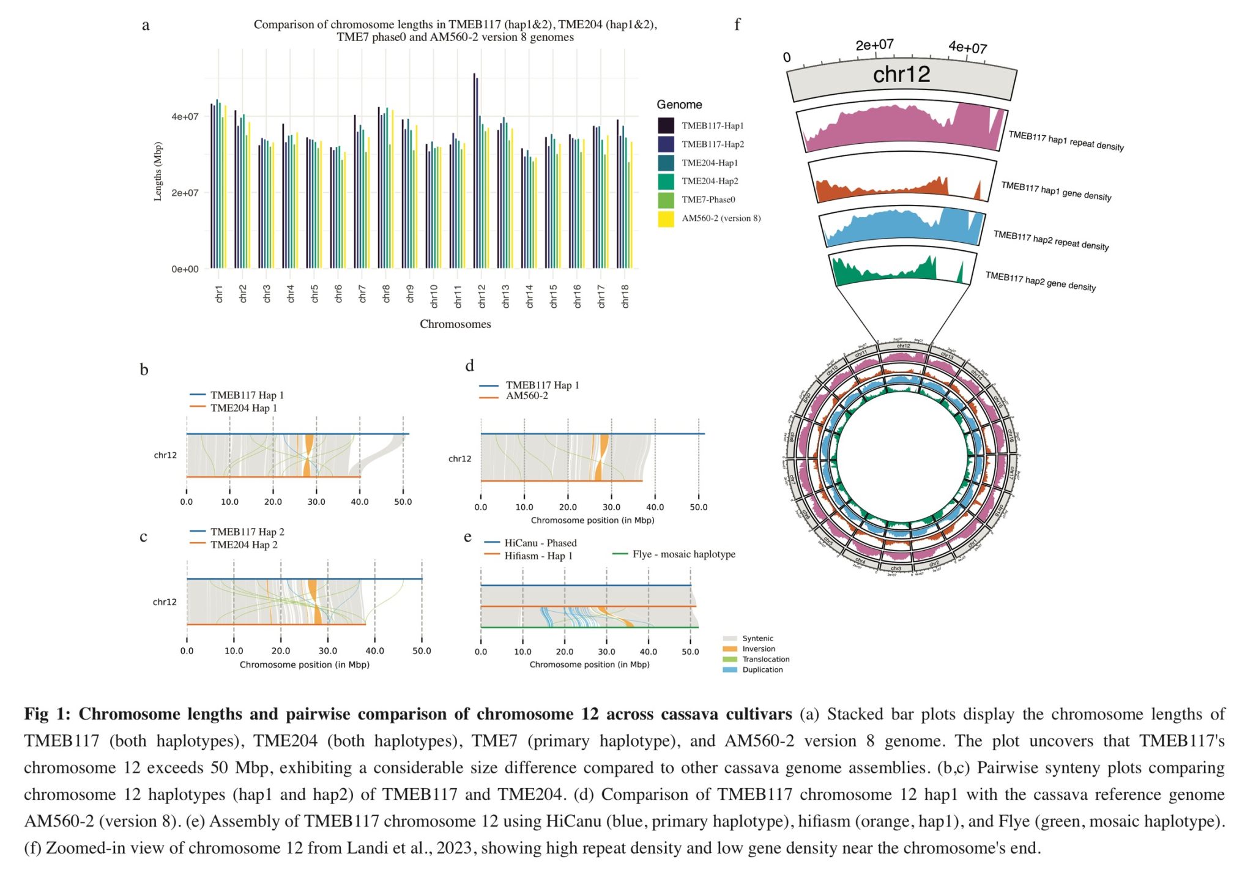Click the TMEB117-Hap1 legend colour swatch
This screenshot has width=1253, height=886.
click(x=666, y=125)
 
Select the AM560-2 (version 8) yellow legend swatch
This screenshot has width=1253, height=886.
click(x=666, y=218)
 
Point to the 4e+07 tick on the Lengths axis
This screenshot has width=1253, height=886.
click(x=185, y=116)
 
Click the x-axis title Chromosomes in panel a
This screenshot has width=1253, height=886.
click(x=455, y=324)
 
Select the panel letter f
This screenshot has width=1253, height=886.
click(x=737, y=24)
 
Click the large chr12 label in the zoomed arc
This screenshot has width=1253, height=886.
click(x=901, y=75)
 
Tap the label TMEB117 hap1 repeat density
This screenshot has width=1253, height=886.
click(x=1066, y=141)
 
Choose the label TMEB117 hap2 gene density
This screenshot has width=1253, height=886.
click(x=1040, y=282)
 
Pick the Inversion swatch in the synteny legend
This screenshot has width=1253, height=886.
click(x=730, y=649)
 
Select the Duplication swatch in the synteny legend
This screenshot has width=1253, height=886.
click(x=730, y=670)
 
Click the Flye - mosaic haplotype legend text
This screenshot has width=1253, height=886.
click(x=683, y=554)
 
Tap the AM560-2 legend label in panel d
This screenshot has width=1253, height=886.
click(x=527, y=396)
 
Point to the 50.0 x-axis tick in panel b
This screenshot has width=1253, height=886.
click(x=403, y=502)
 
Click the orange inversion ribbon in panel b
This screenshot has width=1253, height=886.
click(x=308, y=455)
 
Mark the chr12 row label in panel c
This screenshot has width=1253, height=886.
click(x=165, y=602)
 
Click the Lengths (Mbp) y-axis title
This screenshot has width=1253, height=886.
click(x=158, y=172)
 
